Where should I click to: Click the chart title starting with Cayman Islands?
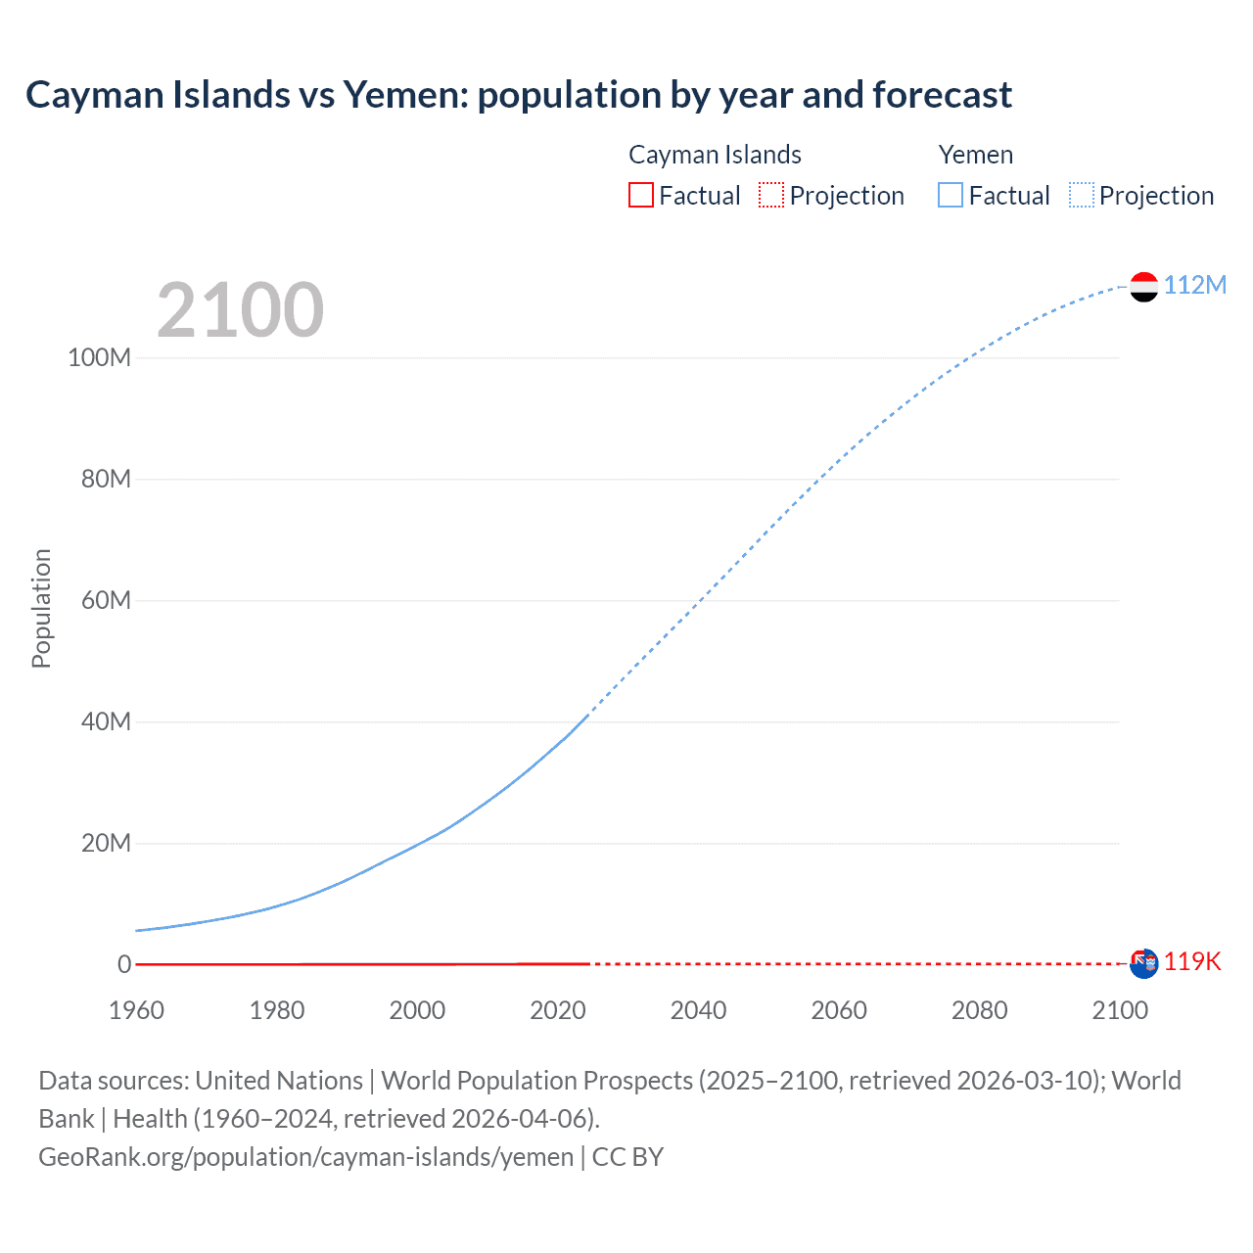click(x=519, y=95)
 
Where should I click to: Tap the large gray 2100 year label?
click(x=240, y=310)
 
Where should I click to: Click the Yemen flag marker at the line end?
click(x=1143, y=286)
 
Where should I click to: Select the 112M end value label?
click(x=1194, y=285)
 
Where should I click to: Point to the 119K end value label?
click(x=1192, y=961)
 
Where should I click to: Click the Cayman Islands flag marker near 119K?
click(x=1143, y=963)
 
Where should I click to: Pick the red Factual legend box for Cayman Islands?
click(x=640, y=195)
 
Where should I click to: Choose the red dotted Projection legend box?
click(x=771, y=195)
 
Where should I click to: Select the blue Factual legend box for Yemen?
click(x=950, y=195)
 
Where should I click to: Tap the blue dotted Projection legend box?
click(x=1082, y=195)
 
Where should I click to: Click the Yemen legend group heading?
click(x=975, y=155)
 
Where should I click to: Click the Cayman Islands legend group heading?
click(x=715, y=155)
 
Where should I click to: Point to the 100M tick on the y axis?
click(x=99, y=357)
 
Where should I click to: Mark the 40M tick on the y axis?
click(x=105, y=721)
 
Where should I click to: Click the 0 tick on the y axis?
click(x=123, y=964)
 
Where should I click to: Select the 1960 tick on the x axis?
click(x=136, y=1010)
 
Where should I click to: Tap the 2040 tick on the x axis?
click(x=698, y=1010)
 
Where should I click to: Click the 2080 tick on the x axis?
click(x=979, y=1010)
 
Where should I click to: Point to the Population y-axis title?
click(x=41, y=608)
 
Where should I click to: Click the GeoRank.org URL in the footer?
click(x=305, y=1157)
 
